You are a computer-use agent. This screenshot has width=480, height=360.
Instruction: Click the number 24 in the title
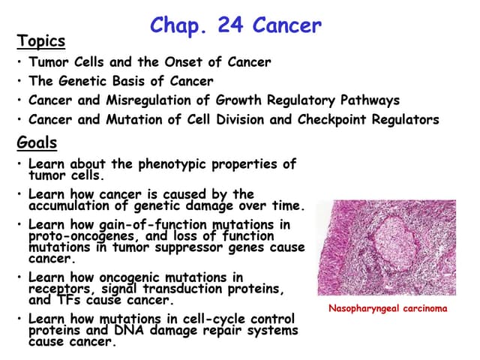coord(230,25)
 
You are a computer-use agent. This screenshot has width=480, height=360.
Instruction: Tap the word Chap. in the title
coord(178,26)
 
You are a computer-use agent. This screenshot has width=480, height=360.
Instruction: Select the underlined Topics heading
coord(41,41)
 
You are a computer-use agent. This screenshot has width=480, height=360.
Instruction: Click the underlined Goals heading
coord(37,142)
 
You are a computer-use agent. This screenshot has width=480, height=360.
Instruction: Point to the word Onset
coord(184,62)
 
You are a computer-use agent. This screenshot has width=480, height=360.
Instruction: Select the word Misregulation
coord(148,100)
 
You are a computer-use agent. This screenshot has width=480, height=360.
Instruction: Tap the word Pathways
coord(370,100)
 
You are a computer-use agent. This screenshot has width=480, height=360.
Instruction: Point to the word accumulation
coord(69,205)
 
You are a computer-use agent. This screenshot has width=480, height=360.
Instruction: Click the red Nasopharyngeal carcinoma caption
coord(388,308)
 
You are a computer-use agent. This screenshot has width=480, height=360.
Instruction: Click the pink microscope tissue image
coord(387,247)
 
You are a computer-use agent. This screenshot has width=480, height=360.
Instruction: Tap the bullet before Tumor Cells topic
coord(19,62)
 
